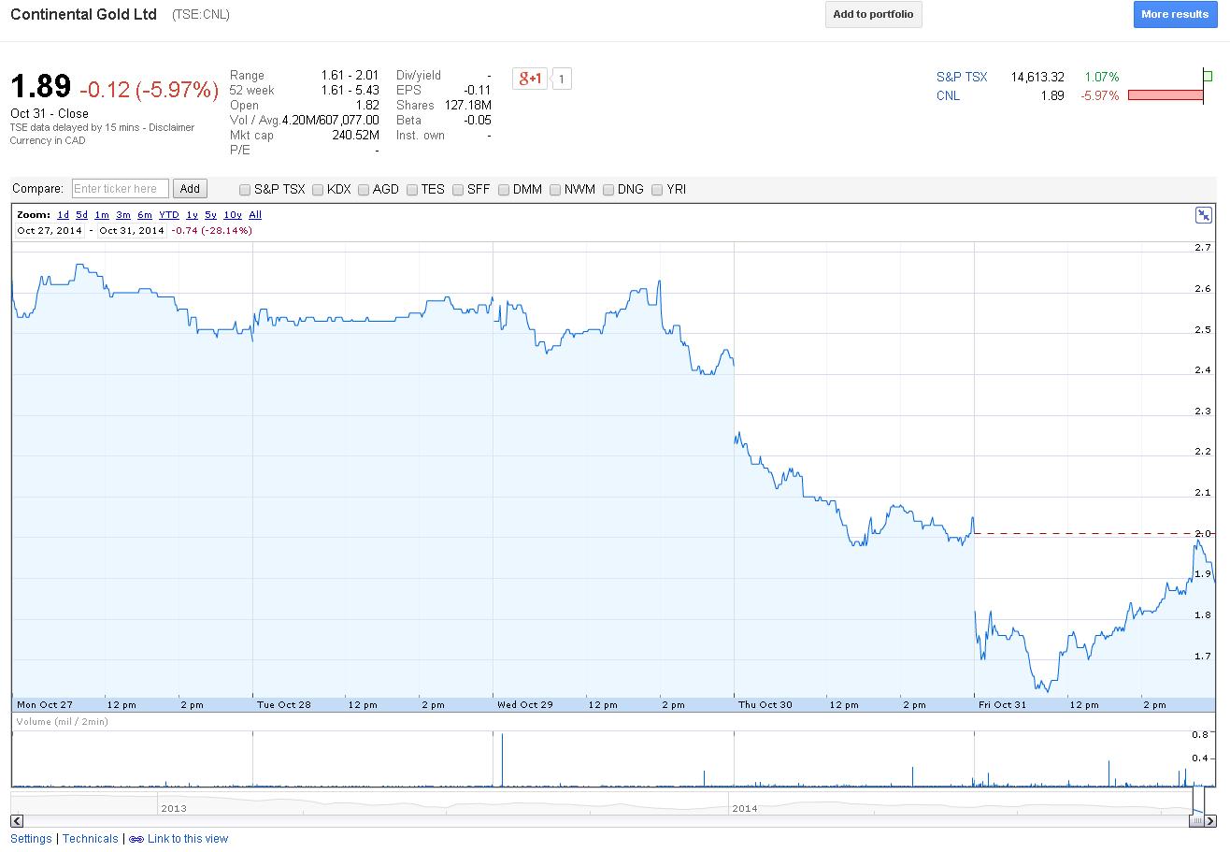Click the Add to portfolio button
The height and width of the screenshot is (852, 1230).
(x=873, y=15)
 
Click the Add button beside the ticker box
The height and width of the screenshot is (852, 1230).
(x=190, y=189)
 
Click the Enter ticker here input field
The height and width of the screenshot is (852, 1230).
(x=121, y=189)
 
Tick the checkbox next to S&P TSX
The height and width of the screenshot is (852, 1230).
(x=245, y=190)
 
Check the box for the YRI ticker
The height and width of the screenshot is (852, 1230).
(x=657, y=190)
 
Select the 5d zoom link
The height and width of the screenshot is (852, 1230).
(x=82, y=215)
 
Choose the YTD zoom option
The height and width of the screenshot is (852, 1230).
(x=168, y=215)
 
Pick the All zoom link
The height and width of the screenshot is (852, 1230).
(x=255, y=215)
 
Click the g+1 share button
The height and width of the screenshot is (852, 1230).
(x=530, y=79)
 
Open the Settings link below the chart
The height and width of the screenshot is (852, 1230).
(x=31, y=839)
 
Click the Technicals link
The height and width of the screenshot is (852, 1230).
(x=91, y=839)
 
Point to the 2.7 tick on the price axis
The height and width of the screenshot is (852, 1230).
(x=1203, y=248)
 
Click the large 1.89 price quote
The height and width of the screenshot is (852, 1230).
(x=40, y=87)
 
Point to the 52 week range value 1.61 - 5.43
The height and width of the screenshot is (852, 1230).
(x=350, y=91)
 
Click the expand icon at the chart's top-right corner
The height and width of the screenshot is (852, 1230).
(x=1204, y=215)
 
